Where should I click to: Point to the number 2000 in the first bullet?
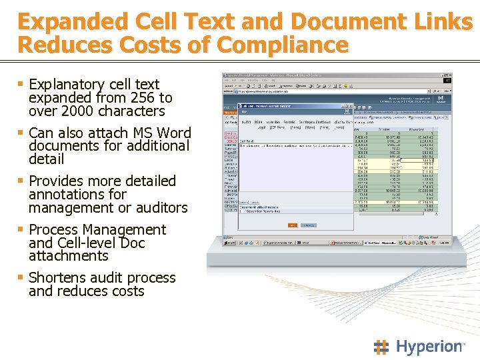click(75, 111)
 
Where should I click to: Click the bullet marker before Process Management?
click(21, 229)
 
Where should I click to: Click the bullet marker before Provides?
click(21, 181)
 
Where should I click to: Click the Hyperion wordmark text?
click(430, 347)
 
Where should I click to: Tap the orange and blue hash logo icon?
click(381, 347)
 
